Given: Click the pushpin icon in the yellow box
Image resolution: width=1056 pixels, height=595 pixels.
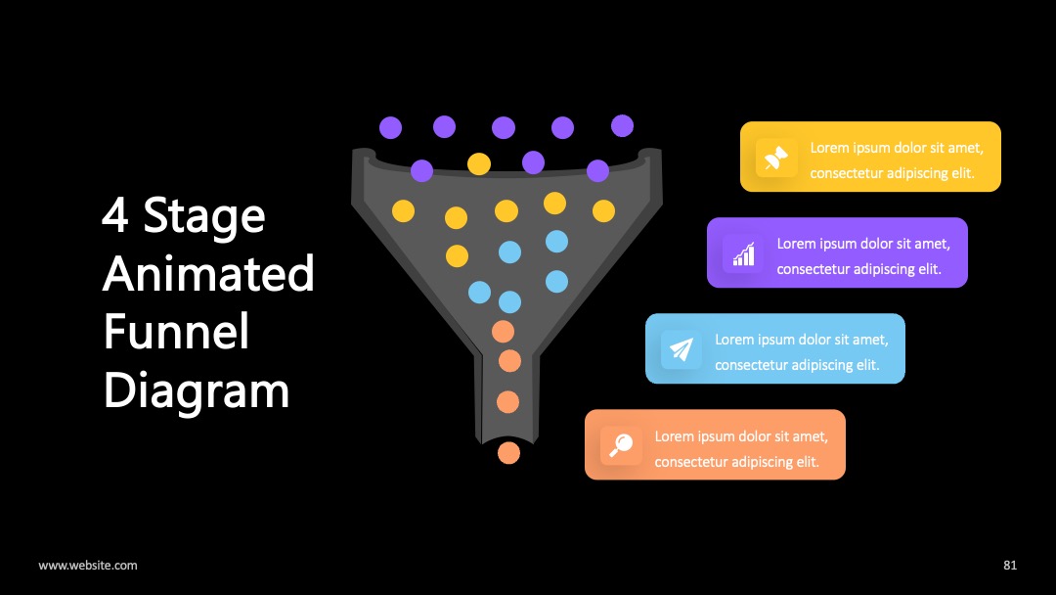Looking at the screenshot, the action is tap(775, 158).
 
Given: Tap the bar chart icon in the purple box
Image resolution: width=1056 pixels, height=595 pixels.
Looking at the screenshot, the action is tap(743, 254).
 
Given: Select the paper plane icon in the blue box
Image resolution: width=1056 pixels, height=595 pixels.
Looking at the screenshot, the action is tap(681, 349).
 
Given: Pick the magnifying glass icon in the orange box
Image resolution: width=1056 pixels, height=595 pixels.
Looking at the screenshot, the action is tap(620, 445).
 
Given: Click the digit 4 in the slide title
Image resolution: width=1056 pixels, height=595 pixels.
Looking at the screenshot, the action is tap(115, 215).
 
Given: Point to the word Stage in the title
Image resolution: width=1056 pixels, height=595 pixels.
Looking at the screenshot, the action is tap(204, 217).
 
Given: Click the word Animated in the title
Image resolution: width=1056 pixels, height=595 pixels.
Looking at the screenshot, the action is tap(209, 274).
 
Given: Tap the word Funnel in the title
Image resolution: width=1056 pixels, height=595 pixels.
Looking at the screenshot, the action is tap(176, 332).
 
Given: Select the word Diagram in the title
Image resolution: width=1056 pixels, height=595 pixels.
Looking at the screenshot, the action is tap(197, 391).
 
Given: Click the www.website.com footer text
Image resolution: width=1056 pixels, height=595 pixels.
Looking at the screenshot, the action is tap(88, 566).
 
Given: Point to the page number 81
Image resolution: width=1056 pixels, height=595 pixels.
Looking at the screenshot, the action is tap(1010, 566).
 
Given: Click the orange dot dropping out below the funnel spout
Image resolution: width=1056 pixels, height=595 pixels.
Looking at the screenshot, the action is tap(508, 453).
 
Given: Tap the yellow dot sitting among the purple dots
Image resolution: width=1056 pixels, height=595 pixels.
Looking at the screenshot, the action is tap(479, 163).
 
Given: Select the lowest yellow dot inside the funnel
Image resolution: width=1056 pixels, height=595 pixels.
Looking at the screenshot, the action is tap(457, 256).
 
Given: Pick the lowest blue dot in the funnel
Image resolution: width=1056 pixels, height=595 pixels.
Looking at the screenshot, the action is tap(509, 301).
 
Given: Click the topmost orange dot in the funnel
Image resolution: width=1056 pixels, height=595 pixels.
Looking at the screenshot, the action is tap(504, 332).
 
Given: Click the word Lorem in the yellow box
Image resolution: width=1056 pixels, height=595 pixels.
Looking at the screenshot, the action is tap(829, 148).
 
